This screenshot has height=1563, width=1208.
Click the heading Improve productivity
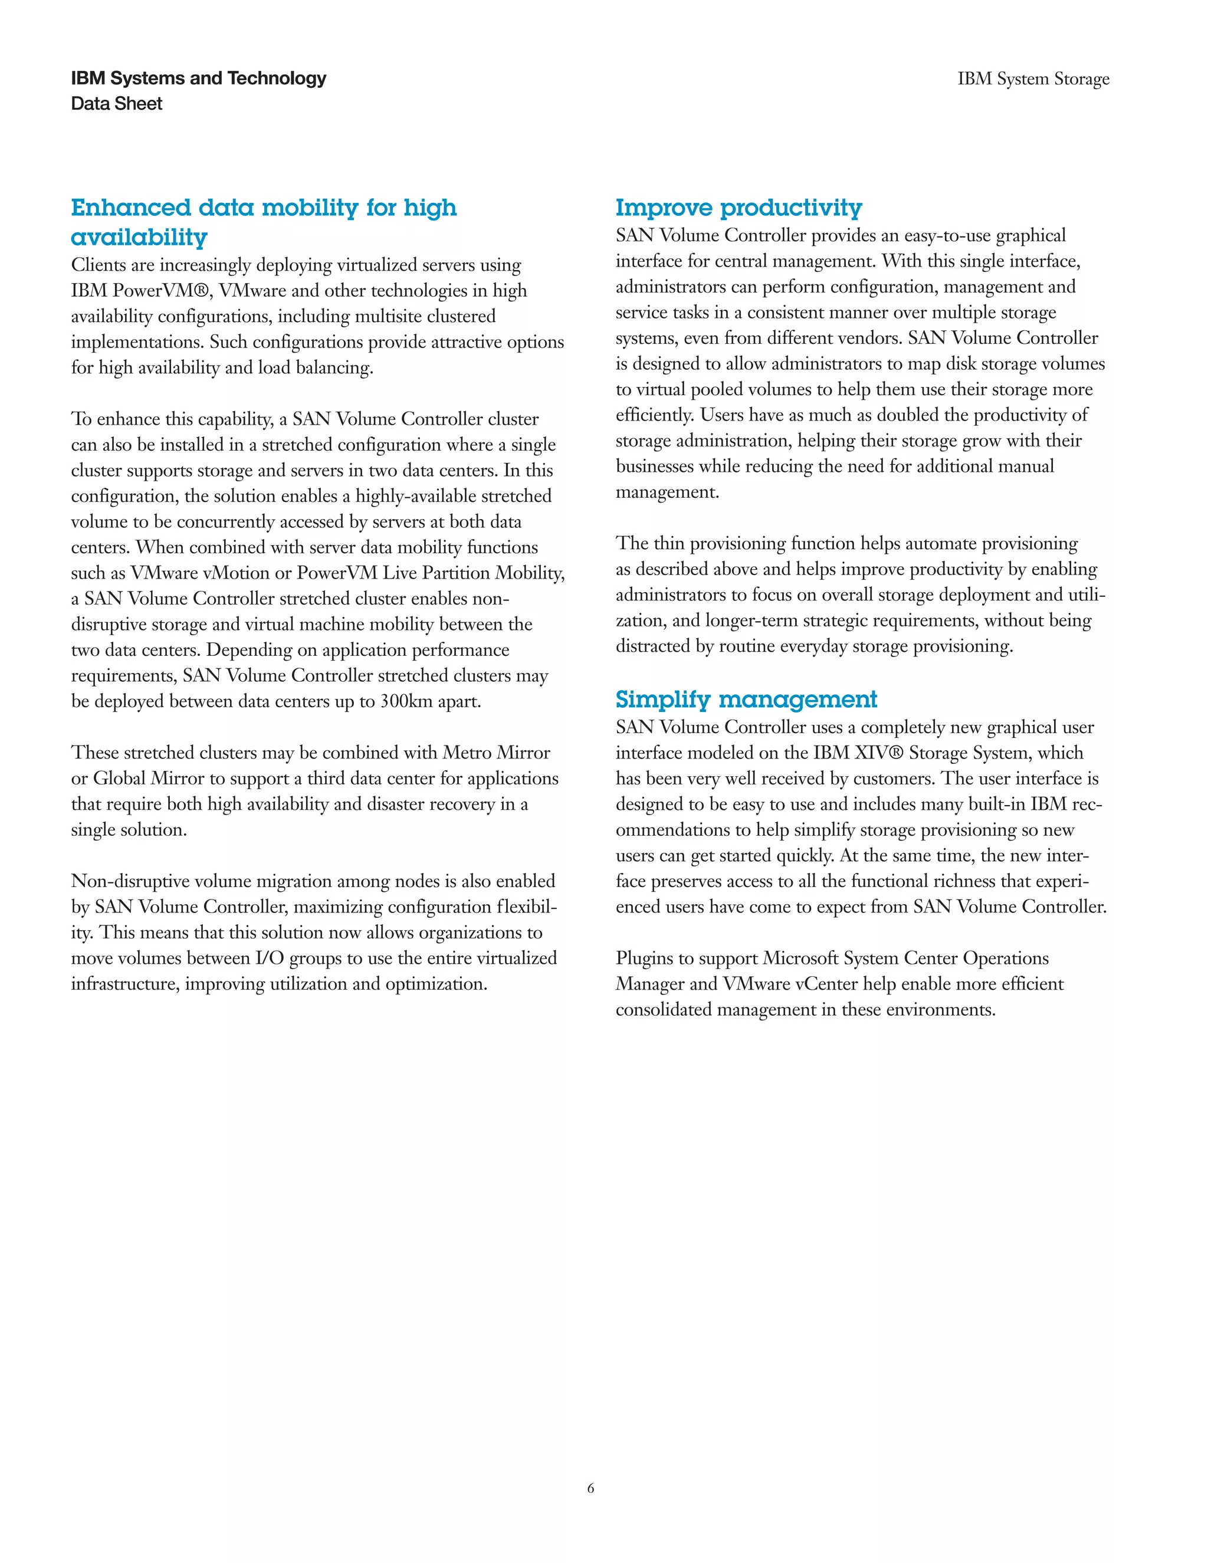[738, 208]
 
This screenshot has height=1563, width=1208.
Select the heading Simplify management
[746, 699]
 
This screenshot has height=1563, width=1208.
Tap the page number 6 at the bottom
[590, 1488]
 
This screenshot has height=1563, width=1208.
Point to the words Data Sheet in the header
[117, 104]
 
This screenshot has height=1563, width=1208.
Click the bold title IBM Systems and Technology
[198, 78]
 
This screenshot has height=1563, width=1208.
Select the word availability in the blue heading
[139, 237]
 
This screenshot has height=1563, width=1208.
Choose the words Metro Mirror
[496, 753]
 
